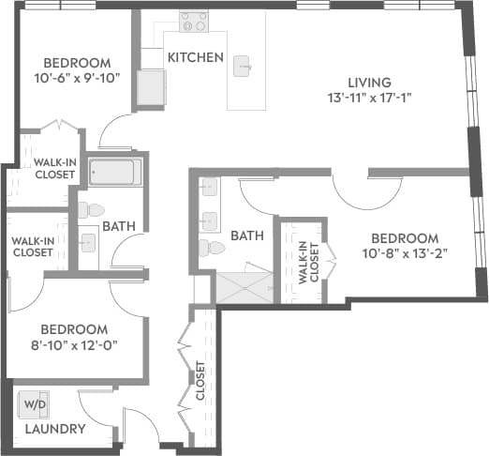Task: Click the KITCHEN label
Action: pyautogui.click(x=195, y=58)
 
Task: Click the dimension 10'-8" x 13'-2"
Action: pyautogui.click(x=404, y=253)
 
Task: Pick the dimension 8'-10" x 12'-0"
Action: pyautogui.click(x=74, y=345)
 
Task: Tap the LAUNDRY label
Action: pyautogui.click(x=54, y=429)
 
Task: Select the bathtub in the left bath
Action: pyautogui.click(x=115, y=173)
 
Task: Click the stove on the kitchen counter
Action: pyautogui.click(x=194, y=21)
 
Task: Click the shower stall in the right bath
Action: pyautogui.click(x=244, y=287)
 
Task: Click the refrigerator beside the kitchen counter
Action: pyautogui.click(x=150, y=86)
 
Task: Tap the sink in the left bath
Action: pyautogui.click(x=88, y=243)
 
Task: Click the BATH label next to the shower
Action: pyautogui.click(x=247, y=236)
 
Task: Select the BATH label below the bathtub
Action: pyautogui.click(x=119, y=226)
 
